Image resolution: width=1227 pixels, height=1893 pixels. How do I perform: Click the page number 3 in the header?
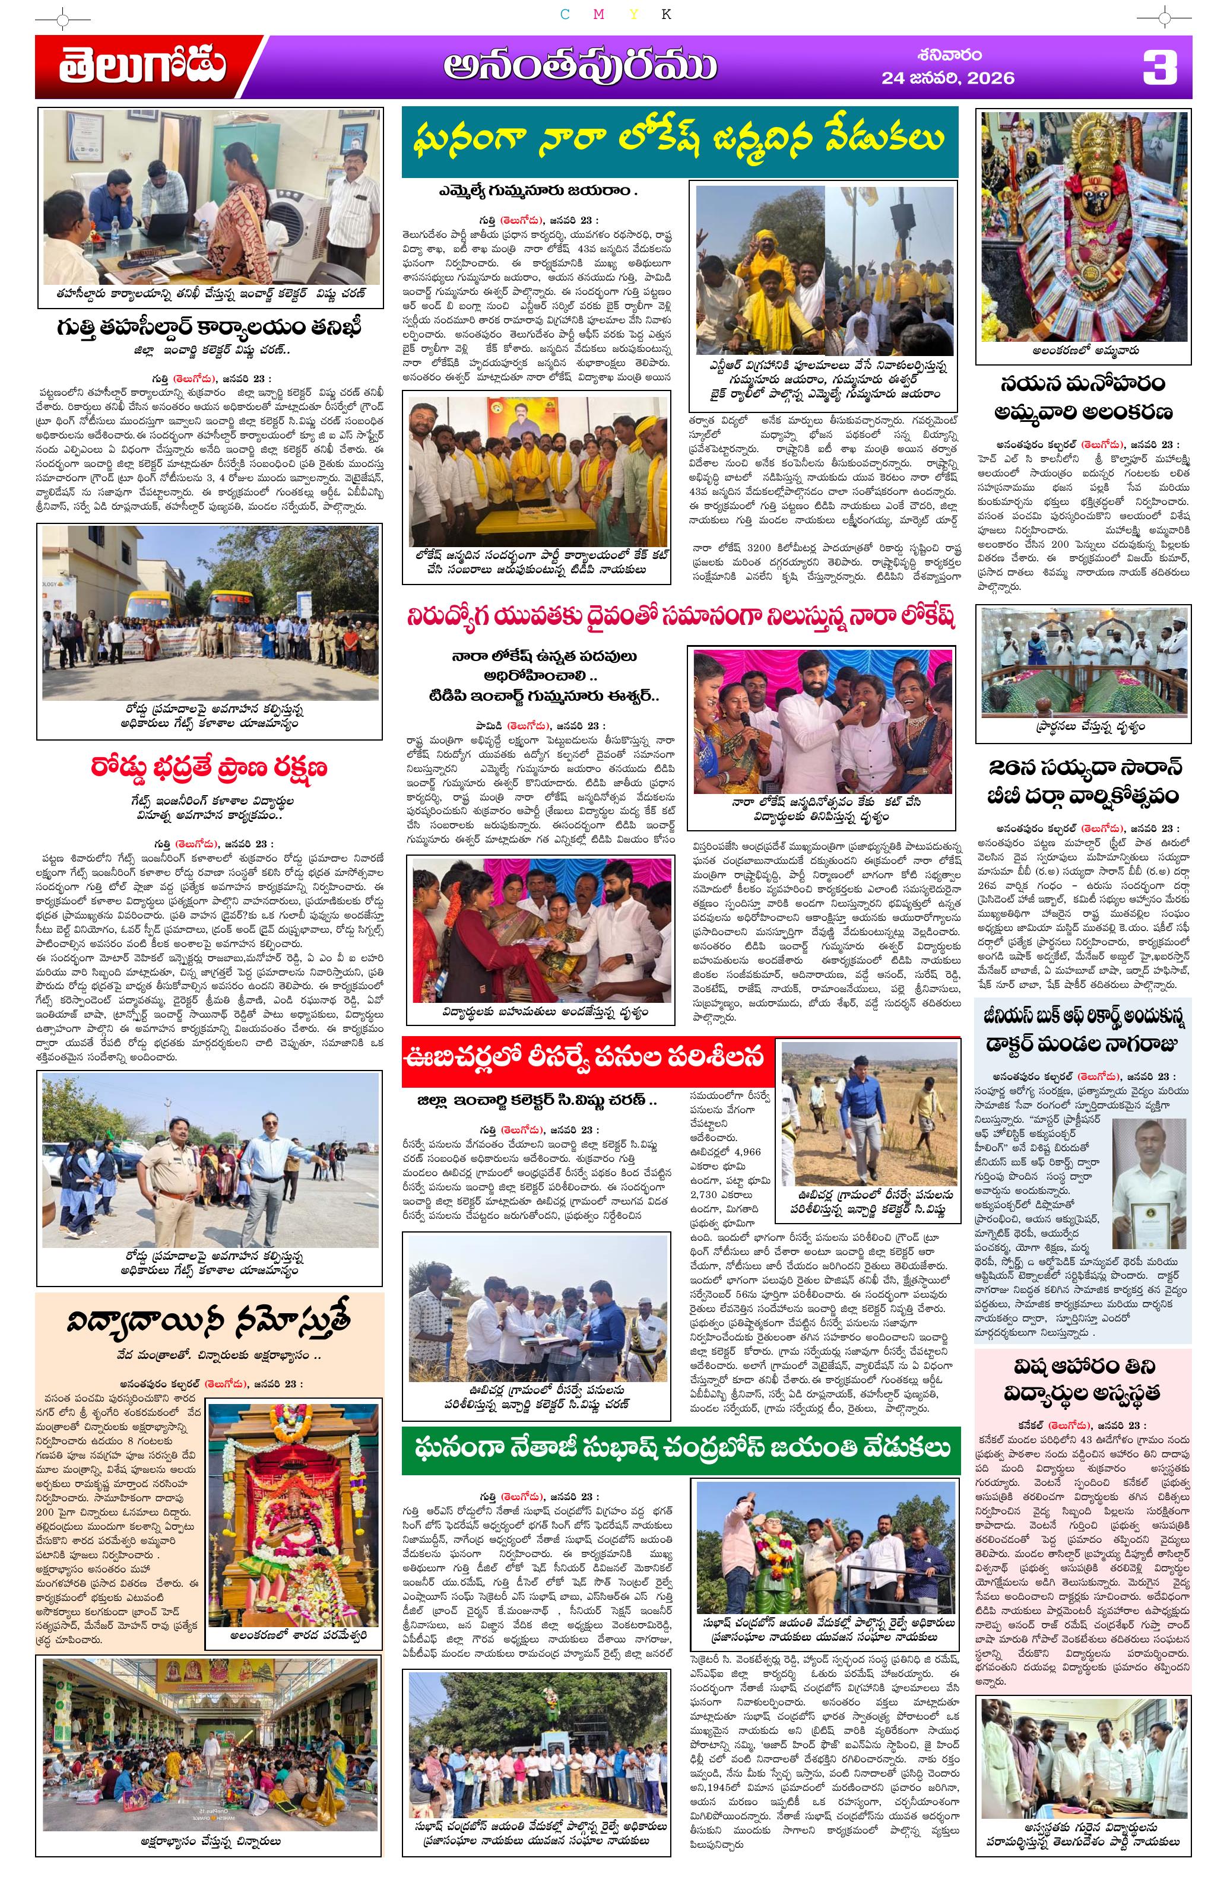[x=1159, y=68]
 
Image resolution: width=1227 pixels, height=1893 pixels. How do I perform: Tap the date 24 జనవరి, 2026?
[x=947, y=78]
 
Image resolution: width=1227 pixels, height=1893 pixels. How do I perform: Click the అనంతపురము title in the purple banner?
[x=580, y=68]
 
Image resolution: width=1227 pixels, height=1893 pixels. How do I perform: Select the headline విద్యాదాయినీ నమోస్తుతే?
[x=208, y=1322]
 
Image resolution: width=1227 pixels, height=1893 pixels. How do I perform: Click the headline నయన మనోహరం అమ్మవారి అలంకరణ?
[x=1083, y=399]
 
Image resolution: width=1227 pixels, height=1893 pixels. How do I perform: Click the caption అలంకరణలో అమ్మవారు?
[x=1083, y=350]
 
